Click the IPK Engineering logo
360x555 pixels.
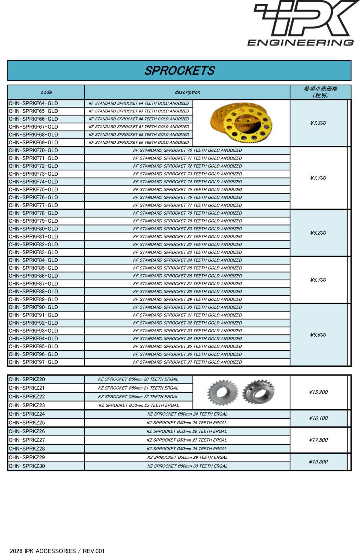coord(303,23)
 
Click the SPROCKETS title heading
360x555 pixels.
coord(179,71)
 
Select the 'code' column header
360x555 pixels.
coord(46,92)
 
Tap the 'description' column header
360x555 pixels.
coord(187,92)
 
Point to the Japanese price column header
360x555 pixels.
coord(320,92)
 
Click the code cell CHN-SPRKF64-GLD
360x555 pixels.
coord(33,103)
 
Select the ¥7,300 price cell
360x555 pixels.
coord(318,123)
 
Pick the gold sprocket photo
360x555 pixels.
coord(242,123)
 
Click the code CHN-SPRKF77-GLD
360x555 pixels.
coord(33,205)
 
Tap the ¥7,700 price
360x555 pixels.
coord(318,178)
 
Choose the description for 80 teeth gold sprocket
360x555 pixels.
coord(187,229)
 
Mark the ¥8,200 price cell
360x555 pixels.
coord(318,233)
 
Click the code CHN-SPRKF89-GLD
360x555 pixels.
coord(33,299)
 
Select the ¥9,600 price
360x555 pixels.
coord(318,335)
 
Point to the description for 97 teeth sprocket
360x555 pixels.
coord(187,362)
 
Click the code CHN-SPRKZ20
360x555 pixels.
coord(27,379)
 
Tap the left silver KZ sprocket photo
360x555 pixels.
coord(222,392)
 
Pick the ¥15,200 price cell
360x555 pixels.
coord(318,392)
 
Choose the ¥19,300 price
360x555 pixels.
coord(318,462)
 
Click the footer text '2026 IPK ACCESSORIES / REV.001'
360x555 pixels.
coord(57,551)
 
